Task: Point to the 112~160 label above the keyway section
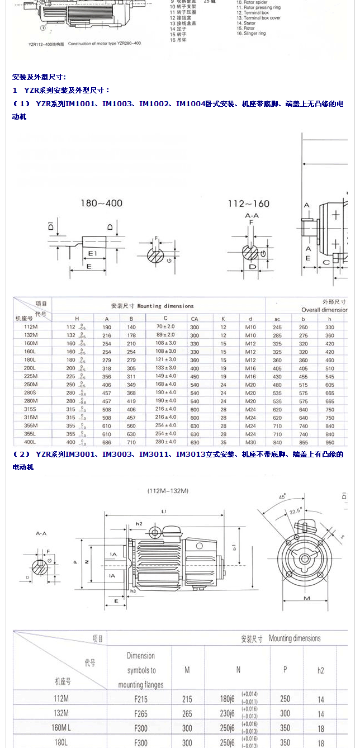(248, 203)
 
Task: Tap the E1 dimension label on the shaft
(92, 253)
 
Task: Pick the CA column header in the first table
(195, 318)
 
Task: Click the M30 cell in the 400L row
(250, 442)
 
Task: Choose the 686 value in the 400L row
(107, 442)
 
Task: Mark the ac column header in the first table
(277, 318)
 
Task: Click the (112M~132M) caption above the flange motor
(168, 490)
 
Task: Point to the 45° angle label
(283, 496)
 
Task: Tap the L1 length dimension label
(163, 512)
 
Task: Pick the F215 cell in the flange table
(141, 699)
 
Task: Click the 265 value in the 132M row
(187, 713)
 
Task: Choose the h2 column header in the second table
(321, 670)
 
